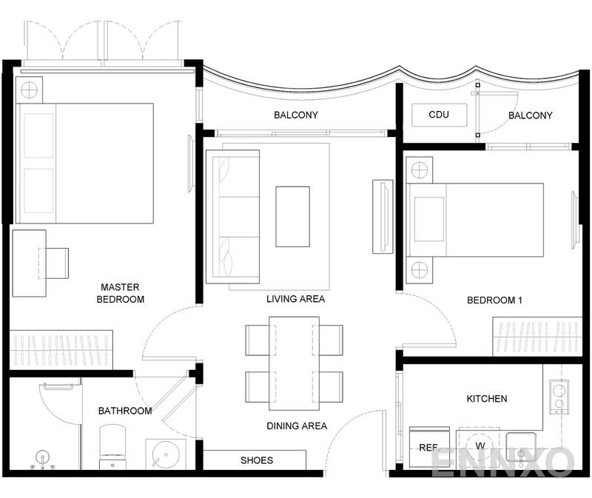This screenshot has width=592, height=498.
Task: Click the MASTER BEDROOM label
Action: pos(120,293)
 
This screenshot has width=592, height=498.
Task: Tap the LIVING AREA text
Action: pos(295,299)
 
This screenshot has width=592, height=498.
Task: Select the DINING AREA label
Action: pos(296,425)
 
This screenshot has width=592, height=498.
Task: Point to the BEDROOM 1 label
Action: pos(494,300)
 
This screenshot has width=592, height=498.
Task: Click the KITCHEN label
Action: pos(486,399)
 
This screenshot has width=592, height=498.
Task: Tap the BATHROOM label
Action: pos(125,411)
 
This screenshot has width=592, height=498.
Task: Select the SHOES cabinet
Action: pos(255,460)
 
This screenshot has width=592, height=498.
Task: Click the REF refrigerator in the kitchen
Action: pos(429,448)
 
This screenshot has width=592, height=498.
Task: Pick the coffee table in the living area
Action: pos(293,216)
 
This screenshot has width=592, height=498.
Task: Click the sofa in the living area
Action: pos(232,216)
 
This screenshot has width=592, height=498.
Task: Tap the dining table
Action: pos(294,363)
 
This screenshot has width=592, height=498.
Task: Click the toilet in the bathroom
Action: pos(113,446)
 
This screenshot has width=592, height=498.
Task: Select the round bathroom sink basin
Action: pos(161,453)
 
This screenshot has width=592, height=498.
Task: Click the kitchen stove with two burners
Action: pos(558,397)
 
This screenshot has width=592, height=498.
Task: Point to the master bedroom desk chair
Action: pos(57,263)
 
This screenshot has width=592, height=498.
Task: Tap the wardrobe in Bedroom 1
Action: pos(537,337)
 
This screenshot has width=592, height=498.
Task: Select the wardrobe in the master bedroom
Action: pos(61,349)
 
